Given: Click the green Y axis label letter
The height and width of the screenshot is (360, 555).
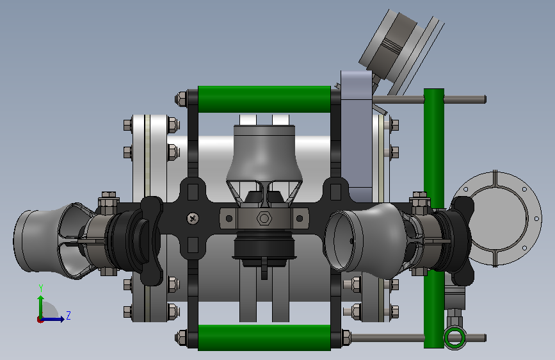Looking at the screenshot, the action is click(x=41, y=288).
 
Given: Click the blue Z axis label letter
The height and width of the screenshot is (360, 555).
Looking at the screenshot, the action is click(x=68, y=315).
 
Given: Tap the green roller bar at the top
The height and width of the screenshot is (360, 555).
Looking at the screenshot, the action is click(x=264, y=99).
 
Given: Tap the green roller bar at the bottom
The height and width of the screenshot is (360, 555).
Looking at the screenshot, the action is click(x=264, y=338).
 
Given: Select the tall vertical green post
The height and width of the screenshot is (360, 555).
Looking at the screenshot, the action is click(x=433, y=218).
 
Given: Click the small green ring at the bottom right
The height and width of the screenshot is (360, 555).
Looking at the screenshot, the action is click(x=454, y=338).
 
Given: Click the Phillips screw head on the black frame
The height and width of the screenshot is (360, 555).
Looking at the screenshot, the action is click(x=193, y=218).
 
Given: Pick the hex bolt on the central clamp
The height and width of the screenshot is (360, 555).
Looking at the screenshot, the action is click(x=263, y=218).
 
